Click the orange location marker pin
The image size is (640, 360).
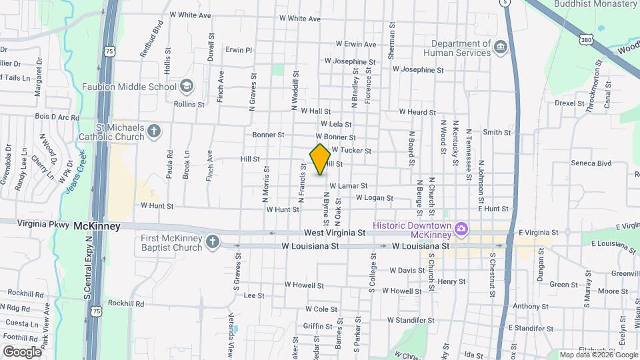[x=320, y=159]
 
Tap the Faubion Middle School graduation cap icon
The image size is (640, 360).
[x=187, y=86]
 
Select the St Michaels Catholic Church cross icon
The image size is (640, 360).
[x=154, y=130]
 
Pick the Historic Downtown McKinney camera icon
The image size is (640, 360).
[x=461, y=230]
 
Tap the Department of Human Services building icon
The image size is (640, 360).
[x=501, y=47]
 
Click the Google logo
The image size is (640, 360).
[x=23, y=351]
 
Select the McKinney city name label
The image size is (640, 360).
[x=97, y=226]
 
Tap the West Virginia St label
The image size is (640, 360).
[x=335, y=233]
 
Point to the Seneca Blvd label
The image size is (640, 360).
[x=591, y=163]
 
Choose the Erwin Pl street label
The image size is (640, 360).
[x=239, y=49]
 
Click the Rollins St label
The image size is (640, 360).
[x=189, y=105]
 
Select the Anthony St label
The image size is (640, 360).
[x=531, y=307]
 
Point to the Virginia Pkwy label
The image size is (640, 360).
[x=43, y=225]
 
